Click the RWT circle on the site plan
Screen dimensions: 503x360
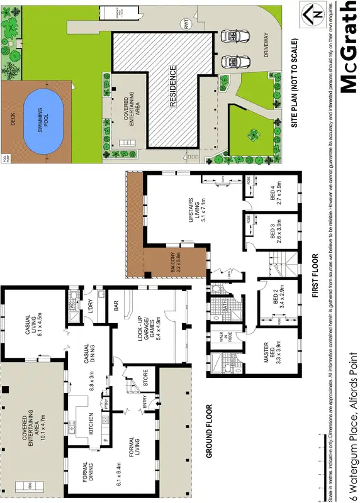point(186,25)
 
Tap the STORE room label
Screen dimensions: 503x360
point(145,380)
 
